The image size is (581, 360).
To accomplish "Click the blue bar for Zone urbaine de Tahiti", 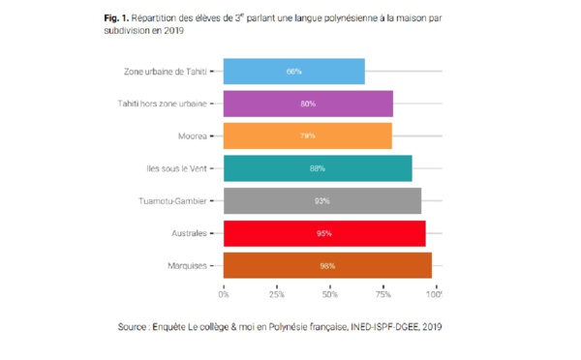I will point(293,72).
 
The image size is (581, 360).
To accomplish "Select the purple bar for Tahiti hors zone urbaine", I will point(308,104).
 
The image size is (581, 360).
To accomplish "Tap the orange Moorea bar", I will point(307,135).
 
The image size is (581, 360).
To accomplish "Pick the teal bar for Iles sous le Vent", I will point(317,168).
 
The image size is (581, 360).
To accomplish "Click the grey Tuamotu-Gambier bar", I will point(321,200).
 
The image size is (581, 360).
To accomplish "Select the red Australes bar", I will point(323,233).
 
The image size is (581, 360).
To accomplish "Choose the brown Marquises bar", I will point(326,265).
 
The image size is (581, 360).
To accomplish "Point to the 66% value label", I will point(293,72).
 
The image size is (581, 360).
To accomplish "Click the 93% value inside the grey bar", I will point(321,201).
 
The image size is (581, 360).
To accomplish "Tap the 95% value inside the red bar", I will point(323,233).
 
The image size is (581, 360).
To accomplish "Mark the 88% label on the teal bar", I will point(317,168).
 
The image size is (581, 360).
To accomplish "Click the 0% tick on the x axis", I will point(225,289).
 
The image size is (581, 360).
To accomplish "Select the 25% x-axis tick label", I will point(276,289).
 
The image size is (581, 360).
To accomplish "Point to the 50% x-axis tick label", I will point(329,289).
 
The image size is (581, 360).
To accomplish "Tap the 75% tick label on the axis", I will point(382,289).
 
